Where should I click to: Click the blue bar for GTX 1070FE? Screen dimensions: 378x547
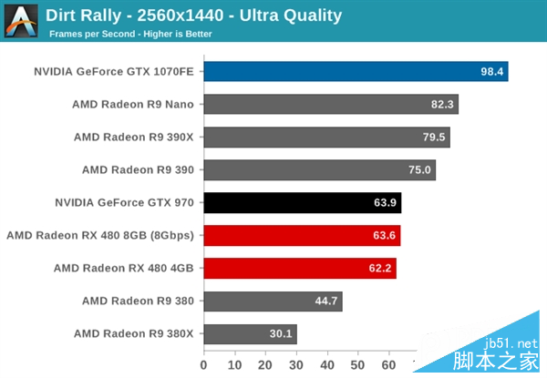point(356,72)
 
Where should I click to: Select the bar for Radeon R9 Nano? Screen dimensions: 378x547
point(330,105)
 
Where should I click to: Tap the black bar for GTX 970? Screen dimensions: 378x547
point(302,202)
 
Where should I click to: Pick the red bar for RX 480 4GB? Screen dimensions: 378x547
point(299,268)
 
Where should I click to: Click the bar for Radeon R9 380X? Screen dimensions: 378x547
point(250,333)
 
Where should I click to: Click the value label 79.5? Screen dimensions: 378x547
point(435,138)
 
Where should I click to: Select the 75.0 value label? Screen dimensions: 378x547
point(420,170)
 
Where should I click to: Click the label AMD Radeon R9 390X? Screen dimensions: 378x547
point(134,137)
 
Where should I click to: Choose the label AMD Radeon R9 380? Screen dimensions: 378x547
point(138,300)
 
